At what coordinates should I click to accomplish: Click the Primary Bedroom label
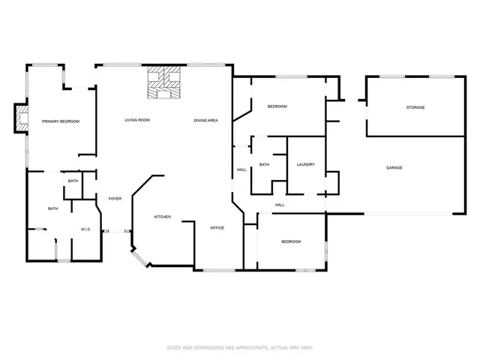pos(61,121)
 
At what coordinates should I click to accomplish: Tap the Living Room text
pos(137,120)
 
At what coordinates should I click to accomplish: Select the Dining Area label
pos(206,120)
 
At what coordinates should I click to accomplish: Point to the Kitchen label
pos(163,217)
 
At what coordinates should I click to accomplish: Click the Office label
pos(217,227)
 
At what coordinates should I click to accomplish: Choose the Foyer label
pos(115,199)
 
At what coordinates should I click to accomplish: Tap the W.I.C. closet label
pos(85,229)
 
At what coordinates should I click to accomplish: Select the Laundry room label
pos(305,164)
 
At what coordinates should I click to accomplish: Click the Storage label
pos(415,107)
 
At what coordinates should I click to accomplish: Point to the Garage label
pos(394,167)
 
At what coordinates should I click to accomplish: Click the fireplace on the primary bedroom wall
pos(21,118)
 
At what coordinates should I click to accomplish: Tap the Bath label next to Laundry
pos(264,164)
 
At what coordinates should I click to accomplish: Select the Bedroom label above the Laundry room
pos(277,106)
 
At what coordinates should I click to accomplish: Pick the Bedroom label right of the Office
pos(291,241)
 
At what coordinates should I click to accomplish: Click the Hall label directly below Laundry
pos(280,205)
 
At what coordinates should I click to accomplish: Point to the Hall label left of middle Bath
pos(241,169)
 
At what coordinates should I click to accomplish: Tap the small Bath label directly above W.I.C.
pos(73,181)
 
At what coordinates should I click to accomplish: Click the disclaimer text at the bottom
pos(240,347)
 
